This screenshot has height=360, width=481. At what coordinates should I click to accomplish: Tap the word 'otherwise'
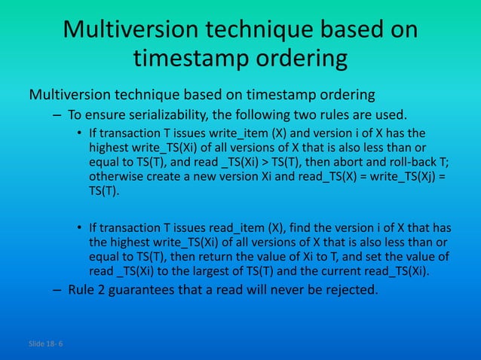tap(118, 176)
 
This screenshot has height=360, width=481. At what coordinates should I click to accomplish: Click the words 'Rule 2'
tap(88, 290)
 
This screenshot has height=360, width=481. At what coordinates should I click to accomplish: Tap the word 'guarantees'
tap(152, 290)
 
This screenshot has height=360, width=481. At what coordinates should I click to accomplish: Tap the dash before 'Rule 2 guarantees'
tap(57, 290)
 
